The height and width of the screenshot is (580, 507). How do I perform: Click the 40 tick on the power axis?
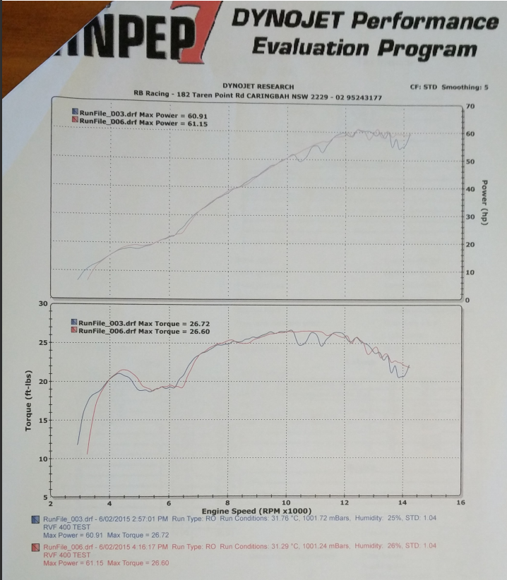[x=470, y=189]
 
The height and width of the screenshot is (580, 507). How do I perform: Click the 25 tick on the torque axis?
[x=42, y=343]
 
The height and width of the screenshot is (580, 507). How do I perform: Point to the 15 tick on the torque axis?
[x=42, y=421]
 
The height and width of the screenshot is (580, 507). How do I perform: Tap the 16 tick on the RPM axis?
[x=460, y=503]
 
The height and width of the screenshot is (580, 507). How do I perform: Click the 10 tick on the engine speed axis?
[x=286, y=503]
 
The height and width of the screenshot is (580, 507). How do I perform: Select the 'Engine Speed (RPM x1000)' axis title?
[x=256, y=511]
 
